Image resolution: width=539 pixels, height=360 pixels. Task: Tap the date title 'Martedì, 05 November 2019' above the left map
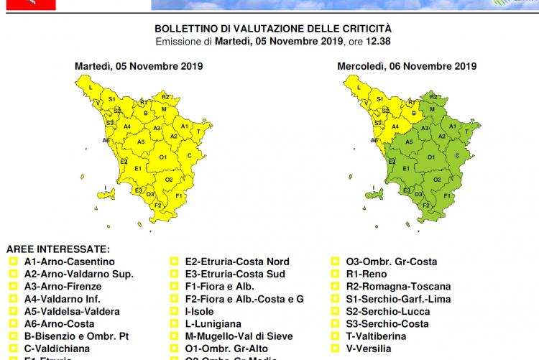(x=139, y=66)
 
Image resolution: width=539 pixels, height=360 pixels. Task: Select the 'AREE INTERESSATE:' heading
(x=57, y=249)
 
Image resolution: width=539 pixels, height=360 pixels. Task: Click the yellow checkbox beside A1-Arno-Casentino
(x=12, y=262)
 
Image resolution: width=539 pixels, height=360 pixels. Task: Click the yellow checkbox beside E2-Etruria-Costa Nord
(x=174, y=262)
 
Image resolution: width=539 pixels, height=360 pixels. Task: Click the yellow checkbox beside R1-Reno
(x=335, y=274)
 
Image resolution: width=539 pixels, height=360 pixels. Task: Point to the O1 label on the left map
(x=163, y=157)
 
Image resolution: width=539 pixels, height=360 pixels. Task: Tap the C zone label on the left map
(x=189, y=154)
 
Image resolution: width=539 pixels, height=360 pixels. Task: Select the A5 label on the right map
(x=409, y=142)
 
